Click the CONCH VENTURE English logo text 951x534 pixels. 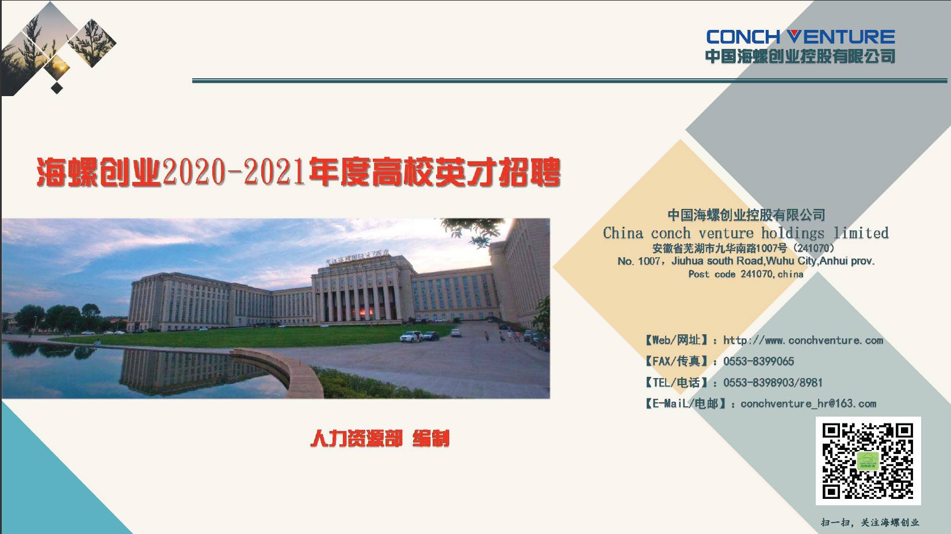click(800, 37)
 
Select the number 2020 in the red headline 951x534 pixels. click(194, 172)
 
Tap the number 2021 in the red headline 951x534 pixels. click(274, 172)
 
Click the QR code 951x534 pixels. click(868, 461)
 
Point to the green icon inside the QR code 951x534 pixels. click(868, 460)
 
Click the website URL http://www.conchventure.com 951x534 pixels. click(803, 340)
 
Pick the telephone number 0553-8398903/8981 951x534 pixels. click(773, 383)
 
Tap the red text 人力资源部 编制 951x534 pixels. click(380, 438)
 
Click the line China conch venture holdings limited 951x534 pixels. click(746, 232)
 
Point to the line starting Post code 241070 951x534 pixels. click(746, 274)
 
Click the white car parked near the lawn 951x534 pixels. click(411, 337)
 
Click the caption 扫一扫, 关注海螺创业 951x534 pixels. click(870, 522)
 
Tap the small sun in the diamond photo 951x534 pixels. click(61, 67)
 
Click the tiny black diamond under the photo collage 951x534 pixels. click(56, 88)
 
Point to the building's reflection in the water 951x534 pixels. click(191, 371)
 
